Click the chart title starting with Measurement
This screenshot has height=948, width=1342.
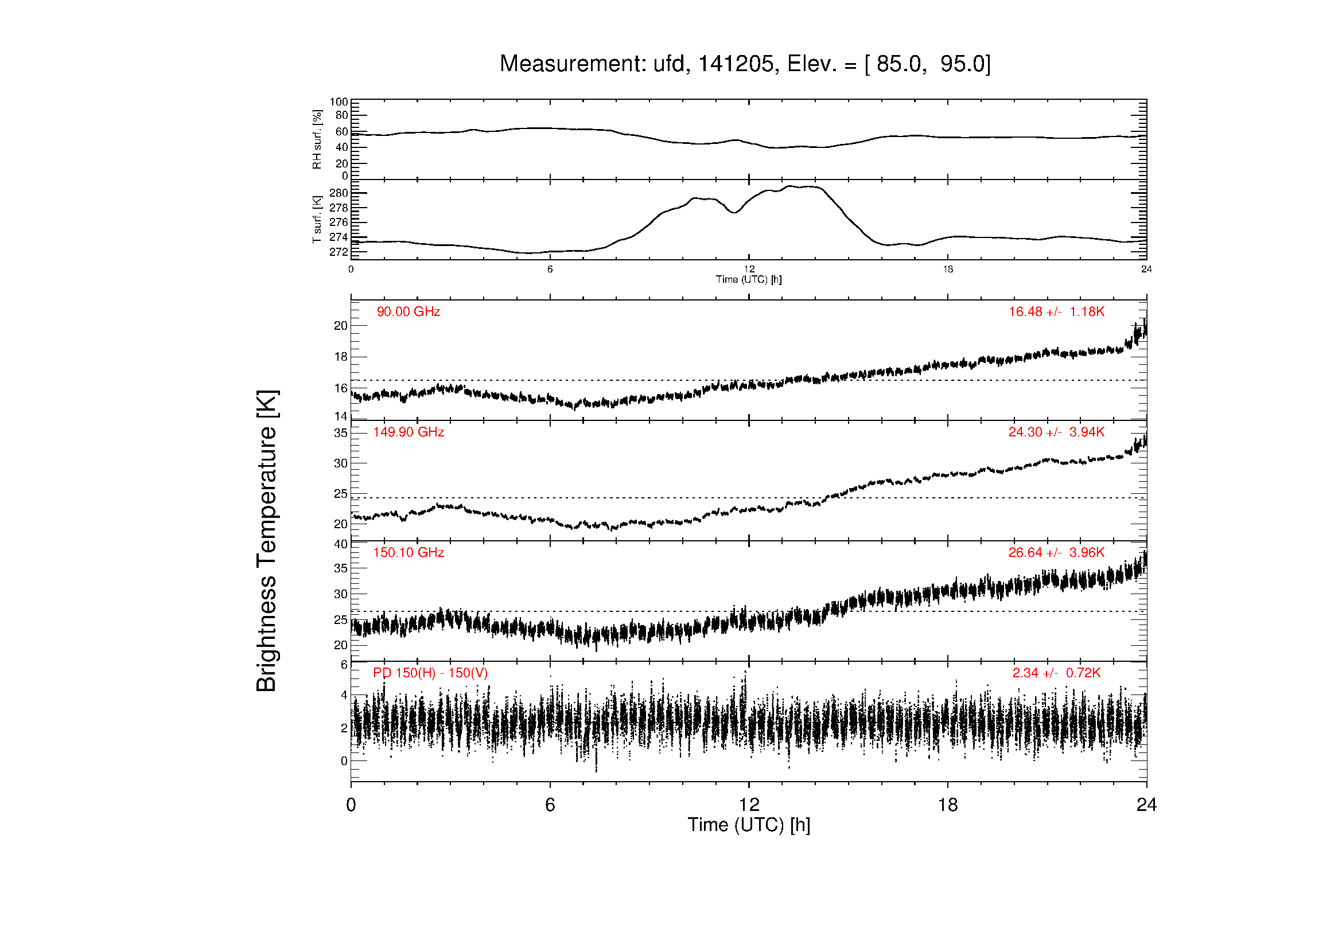(745, 64)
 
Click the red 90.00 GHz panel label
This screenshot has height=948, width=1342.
(409, 312)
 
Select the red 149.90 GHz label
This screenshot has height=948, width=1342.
(409, 432)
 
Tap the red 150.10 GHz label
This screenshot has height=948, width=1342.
(409, 552)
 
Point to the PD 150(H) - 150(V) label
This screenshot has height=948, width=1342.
(430, 673)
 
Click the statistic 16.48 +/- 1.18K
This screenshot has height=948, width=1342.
(1057, 312)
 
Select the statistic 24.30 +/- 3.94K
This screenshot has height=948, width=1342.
(1057, 432)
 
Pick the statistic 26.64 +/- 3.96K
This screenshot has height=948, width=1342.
(1057, 552)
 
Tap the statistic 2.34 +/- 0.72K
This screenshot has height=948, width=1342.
(1057, 673)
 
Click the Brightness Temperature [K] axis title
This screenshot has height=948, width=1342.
(267, 541)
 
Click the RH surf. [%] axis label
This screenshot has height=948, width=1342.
(317, 139)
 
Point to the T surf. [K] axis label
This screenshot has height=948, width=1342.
(317, 220)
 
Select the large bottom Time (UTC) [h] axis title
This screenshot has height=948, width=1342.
(749, 825)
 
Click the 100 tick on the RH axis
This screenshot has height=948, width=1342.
(339, 102)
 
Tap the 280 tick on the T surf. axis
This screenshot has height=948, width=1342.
(339, 193)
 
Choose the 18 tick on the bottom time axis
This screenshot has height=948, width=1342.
(948, 805)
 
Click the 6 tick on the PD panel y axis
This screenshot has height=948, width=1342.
(344, 665)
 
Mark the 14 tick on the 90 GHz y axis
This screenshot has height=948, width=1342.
(341, 416)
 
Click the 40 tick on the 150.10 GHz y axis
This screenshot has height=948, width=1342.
(341, 544)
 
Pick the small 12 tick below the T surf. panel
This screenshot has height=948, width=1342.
(749, 270)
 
